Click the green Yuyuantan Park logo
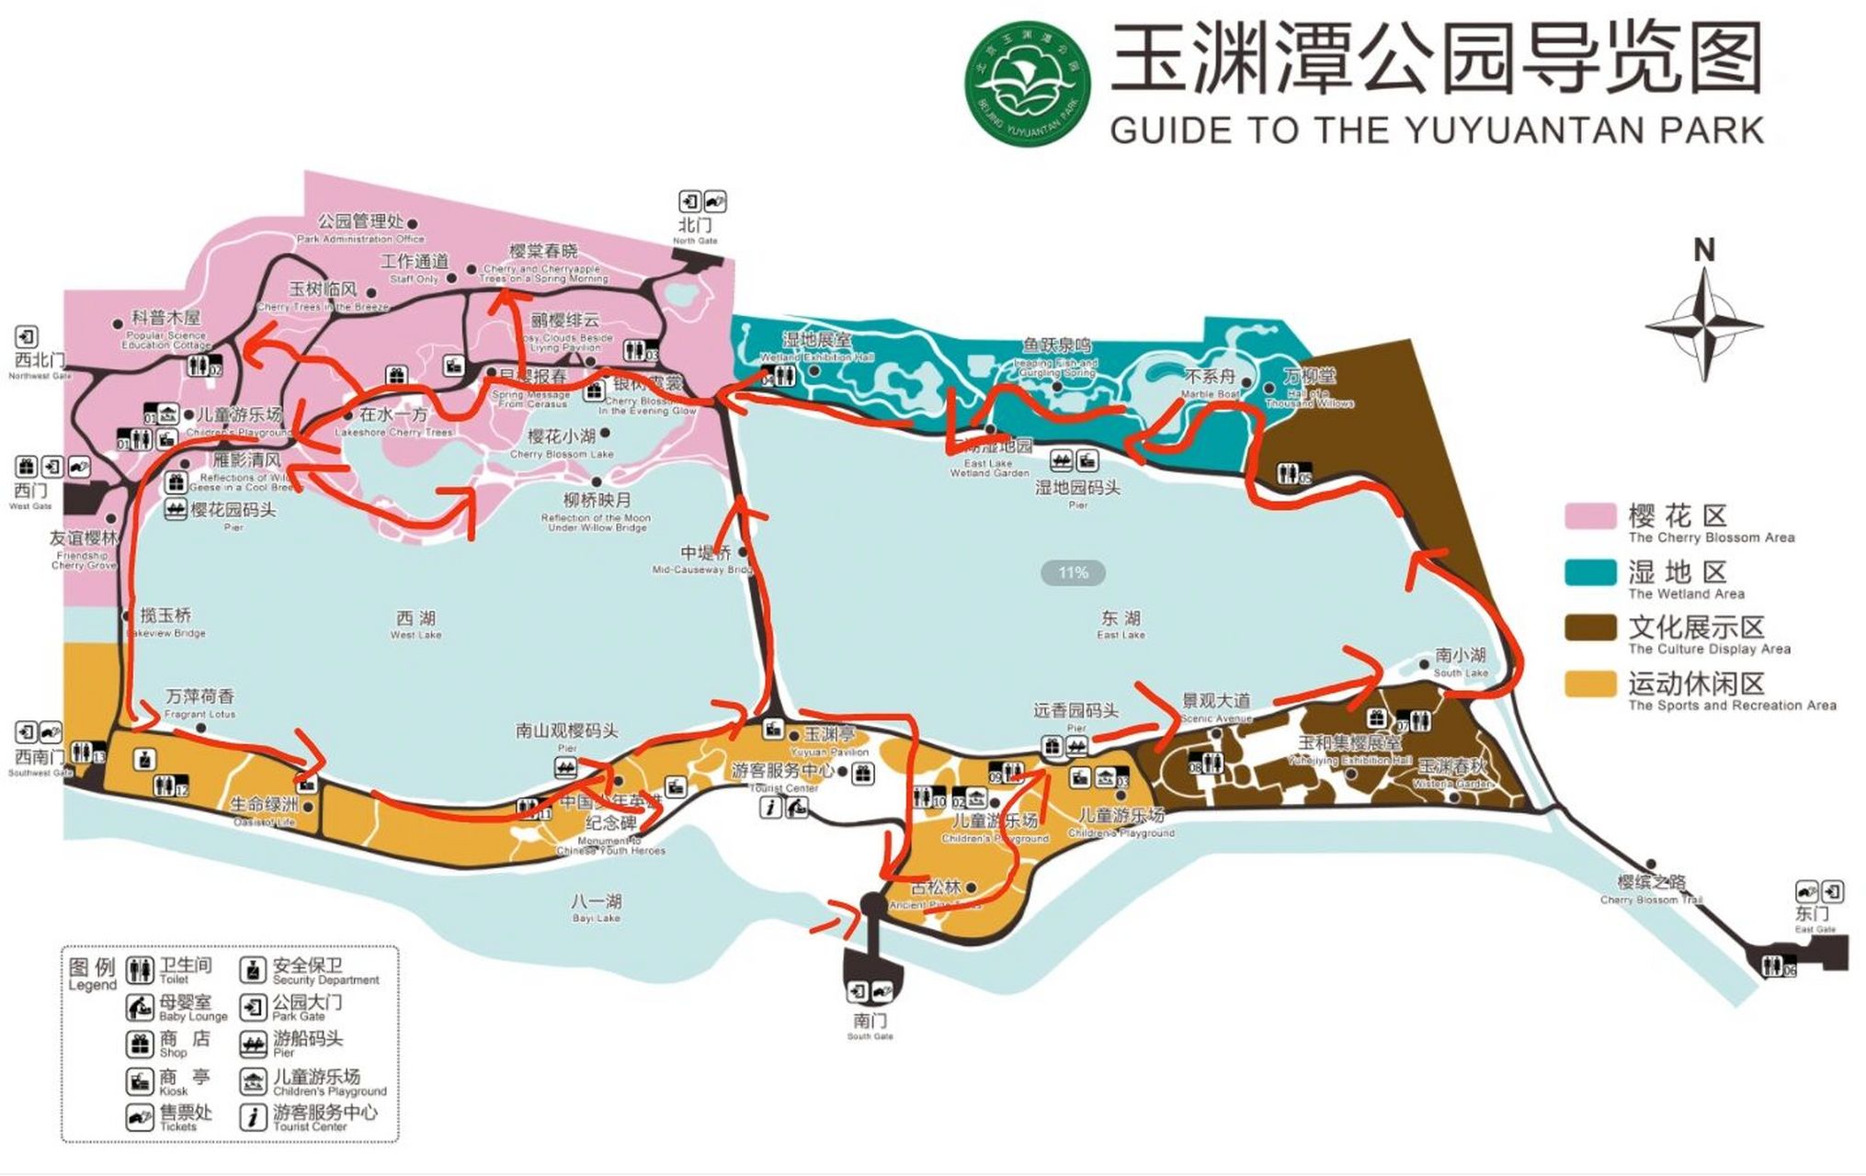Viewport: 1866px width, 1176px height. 1028,84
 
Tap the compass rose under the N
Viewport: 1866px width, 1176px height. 1703,326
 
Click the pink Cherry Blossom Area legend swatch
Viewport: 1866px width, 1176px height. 1590,516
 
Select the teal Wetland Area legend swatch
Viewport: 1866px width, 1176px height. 1590,572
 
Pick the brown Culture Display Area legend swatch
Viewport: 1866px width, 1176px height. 1590,628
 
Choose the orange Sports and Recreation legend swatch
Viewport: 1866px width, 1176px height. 1590,684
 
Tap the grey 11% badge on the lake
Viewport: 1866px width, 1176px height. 1073,573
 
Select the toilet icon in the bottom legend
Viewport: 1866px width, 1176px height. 140,970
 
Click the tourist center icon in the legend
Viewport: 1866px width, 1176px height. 253,1116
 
